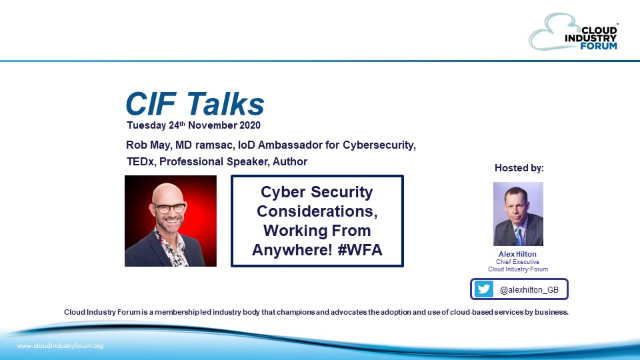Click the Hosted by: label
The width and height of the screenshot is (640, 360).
click(519, 167)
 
